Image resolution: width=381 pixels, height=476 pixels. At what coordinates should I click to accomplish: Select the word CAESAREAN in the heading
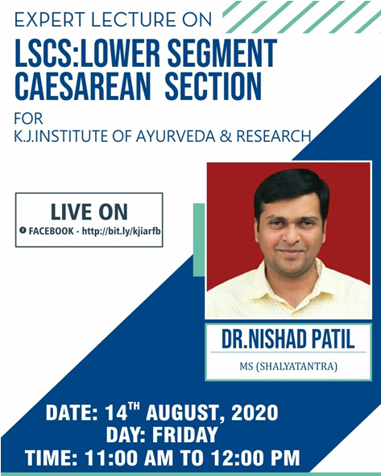[82, 86]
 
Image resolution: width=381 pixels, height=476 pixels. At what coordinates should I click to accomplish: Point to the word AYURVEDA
[176, 136]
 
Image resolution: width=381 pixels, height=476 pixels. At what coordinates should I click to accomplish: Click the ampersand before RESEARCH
[226, 136]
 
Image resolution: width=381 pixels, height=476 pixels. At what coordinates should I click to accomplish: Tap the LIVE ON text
[89, 211]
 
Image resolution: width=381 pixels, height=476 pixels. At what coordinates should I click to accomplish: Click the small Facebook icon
[23, 230]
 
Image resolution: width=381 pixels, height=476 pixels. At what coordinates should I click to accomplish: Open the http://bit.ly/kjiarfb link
[122, 232]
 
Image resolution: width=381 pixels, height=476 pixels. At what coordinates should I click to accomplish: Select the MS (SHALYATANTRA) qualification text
[288, 366]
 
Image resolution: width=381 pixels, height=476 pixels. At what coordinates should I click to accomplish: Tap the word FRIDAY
[185, 434]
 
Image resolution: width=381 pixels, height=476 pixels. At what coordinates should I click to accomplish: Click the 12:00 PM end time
[255, 457]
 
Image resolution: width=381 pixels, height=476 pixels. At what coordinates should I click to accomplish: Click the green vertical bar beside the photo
[198, 240]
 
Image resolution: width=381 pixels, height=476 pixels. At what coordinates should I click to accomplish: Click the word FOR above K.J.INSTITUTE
[28, 119]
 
